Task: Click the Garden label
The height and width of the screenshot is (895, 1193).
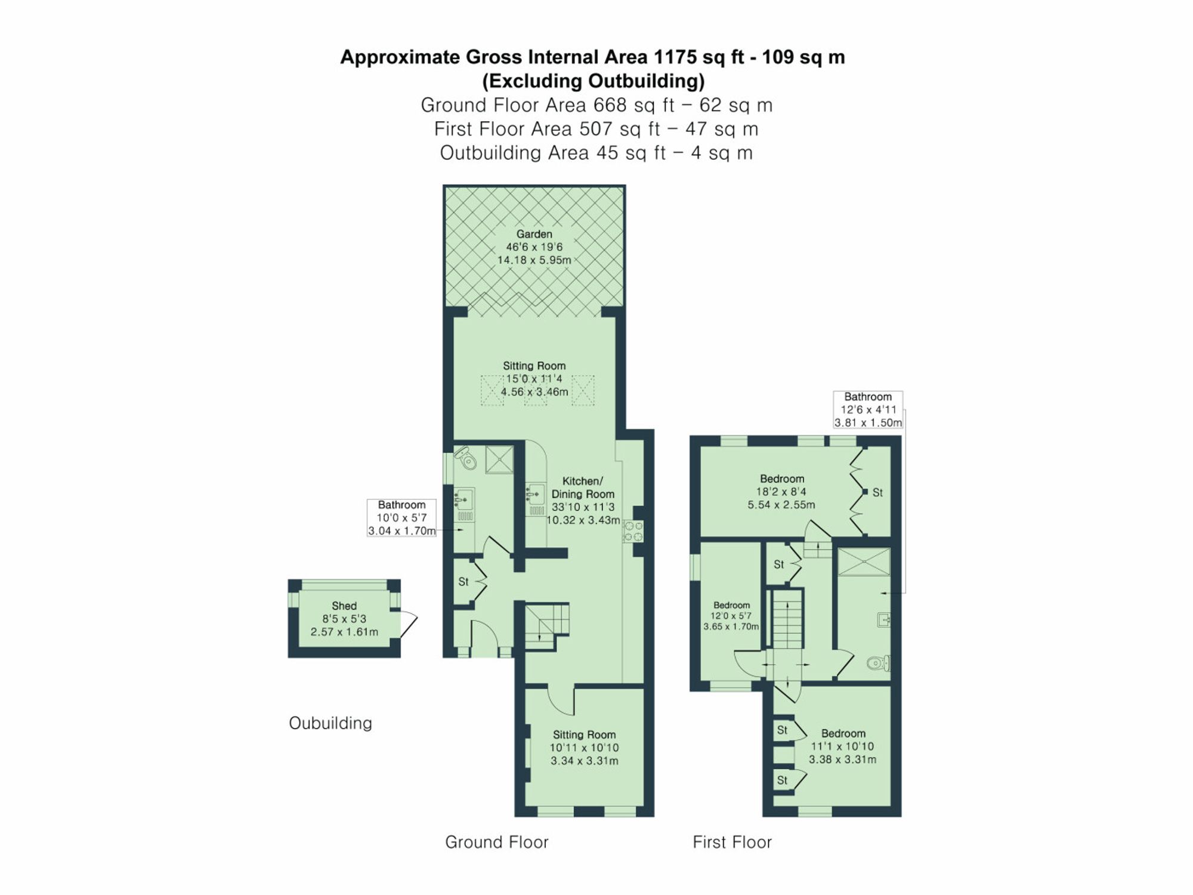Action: pyautogui.click(x=534, y=234)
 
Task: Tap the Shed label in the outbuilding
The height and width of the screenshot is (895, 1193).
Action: pyautogui.click(x=344, y=606)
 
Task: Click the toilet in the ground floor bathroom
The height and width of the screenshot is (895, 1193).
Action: pyautogui.click(x=466, y=458)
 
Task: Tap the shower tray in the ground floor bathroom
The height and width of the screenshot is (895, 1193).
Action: pyautogui.click(x=499, y=459)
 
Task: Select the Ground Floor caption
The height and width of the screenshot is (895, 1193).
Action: pyautogui.click(x=496, y=842)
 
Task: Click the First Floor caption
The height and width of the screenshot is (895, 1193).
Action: pyautogui.click(x=732, y=842)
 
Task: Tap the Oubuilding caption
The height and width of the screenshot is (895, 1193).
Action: pyautogui.click(x=330, y=723)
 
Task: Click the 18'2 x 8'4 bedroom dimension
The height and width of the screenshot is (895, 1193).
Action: pyautogui.click(x=781, y=492)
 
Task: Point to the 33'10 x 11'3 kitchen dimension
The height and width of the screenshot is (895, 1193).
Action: pyautogui.click(x=583, y=507)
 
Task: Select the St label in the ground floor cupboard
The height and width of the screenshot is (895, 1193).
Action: pyautogui.click(x=463, y=581)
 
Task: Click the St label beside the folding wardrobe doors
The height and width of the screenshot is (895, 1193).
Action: pyautogui.click(x=877, y=493)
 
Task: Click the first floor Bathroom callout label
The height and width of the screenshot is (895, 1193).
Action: pyautogui.click(x=867, y=397)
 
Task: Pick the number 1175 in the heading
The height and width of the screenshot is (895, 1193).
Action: pyautogui.click(x=675, y=57)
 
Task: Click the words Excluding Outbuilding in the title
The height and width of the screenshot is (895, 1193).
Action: pyautogui.click(x=594, y=81)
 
